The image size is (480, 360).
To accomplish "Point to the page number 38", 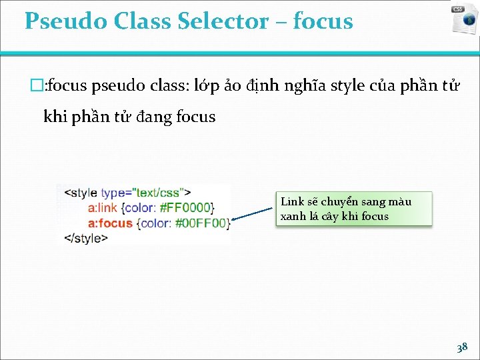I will [x=461, y=347].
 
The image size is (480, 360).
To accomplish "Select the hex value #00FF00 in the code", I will [x=201, y=223].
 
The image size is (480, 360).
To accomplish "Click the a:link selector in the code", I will [x=104, y=208].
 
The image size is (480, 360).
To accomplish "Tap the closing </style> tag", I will [x=85, y=237].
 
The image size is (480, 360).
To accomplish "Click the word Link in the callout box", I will [x=292, y=201].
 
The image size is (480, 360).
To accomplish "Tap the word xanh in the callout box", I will [x=293, y=216].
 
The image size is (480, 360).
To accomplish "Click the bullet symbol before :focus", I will [x=37, y=86].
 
